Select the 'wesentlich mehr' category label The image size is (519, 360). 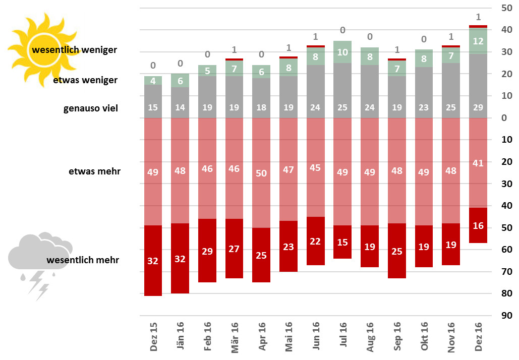coord(83,260)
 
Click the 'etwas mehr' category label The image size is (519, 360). coord(94,171)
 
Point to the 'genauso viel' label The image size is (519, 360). coord(91,108)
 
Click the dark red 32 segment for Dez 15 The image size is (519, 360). coord(153,260)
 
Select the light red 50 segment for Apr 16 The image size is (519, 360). coord(261,173)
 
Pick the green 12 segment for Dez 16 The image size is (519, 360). coord(478,41)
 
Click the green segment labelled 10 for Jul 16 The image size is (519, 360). coord(342,52)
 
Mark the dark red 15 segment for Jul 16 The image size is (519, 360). coord(342,242)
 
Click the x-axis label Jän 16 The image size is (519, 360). coord(181,336)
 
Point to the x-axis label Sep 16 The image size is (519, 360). coord(397,336)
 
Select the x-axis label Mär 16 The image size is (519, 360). coord(235,336)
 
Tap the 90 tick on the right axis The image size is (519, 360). coord(504,315)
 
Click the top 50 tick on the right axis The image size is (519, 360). coord(504,8)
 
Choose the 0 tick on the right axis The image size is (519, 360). coord(504,118)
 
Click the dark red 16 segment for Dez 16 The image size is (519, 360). coord(478,225)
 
